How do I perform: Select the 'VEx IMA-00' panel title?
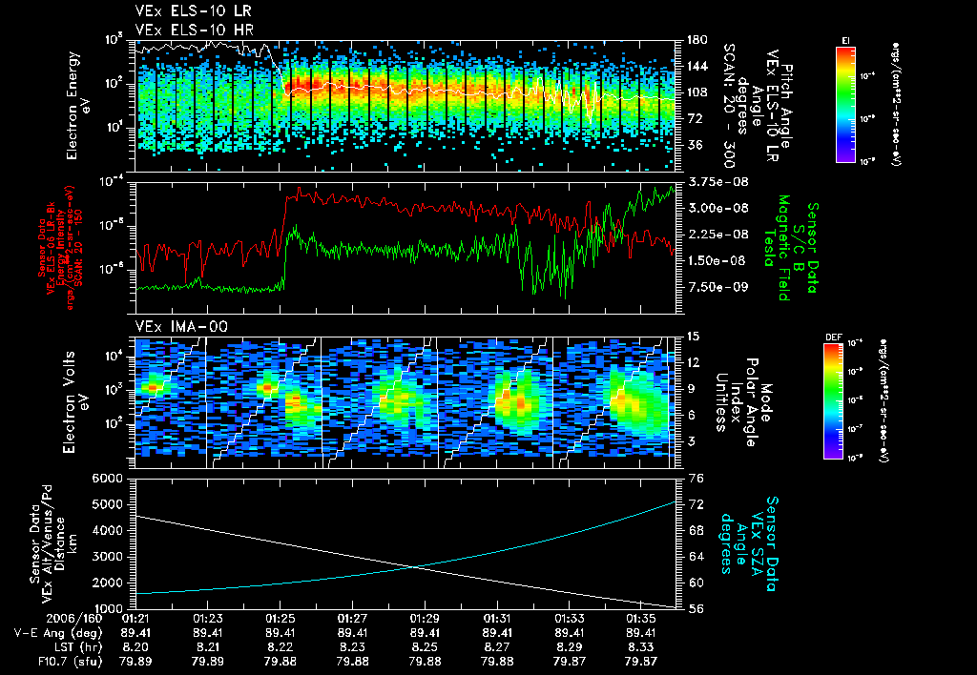click(x=174, y=326)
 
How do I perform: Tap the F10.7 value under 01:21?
click(x=135, y=660)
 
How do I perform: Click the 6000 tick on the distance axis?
click(x=113, y=477)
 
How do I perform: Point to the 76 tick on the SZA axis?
click(x=696, y=477)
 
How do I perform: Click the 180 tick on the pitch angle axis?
click(x=697, y=40)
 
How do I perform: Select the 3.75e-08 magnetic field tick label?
click(x=712, y=181)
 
